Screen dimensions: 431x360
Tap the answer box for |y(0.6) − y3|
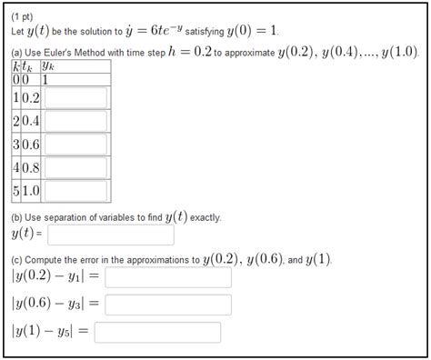click(168, 305)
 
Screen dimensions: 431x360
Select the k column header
click(15, 65)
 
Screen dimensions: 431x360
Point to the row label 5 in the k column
click(15, 192)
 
